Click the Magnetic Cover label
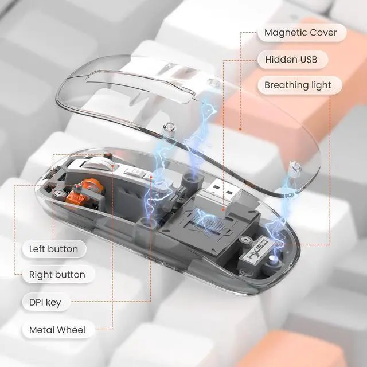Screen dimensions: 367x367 tap(301, 32)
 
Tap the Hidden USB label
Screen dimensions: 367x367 tap(295, 59)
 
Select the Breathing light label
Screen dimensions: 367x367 tap(298, 85)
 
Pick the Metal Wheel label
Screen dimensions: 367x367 tap(57, 330)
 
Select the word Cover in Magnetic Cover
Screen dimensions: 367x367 tap(324, 32)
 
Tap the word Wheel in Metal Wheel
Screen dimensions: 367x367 tap(71, 330)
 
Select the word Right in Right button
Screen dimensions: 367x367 tap(41, 275)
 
